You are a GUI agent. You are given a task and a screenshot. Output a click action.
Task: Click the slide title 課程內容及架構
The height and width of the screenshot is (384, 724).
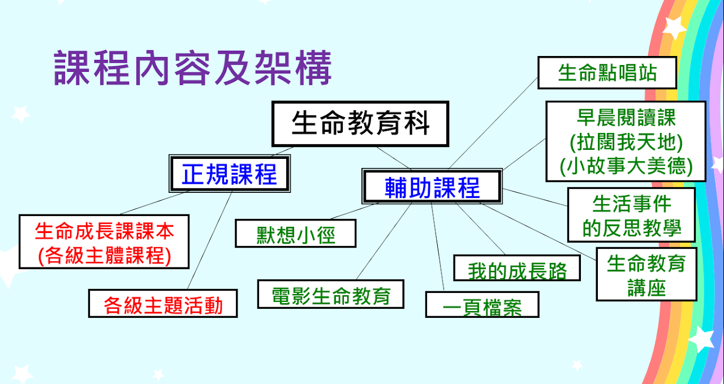192,68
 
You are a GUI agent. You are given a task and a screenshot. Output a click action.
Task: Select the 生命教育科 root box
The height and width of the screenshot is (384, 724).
360,123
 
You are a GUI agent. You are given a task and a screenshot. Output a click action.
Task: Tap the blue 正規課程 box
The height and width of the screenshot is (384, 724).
230,174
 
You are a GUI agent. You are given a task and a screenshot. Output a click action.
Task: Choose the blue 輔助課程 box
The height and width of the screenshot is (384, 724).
432,187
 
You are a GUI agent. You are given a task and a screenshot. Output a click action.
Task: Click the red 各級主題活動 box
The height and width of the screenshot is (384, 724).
163,304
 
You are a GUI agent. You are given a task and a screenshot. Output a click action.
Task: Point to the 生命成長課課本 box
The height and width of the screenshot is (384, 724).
104,231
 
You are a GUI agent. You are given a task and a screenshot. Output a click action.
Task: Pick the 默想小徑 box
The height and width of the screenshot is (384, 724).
296,234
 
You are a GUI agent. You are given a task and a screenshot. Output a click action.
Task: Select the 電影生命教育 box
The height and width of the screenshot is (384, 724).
331,295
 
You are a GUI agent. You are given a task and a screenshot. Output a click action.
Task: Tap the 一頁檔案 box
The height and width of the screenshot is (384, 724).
482,306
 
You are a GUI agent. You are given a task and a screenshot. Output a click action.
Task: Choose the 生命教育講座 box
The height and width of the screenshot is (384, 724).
647,275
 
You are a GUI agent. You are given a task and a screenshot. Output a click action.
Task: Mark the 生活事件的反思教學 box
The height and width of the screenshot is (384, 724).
631,215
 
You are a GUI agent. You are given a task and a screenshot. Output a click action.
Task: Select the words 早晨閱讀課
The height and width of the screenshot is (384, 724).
626,117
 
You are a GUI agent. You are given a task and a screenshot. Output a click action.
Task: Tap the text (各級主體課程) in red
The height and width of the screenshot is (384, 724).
104,256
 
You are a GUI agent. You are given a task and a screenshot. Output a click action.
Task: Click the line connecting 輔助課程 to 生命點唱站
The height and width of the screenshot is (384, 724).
493,123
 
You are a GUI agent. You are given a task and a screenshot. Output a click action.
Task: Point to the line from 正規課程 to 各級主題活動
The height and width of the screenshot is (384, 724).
210,240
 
